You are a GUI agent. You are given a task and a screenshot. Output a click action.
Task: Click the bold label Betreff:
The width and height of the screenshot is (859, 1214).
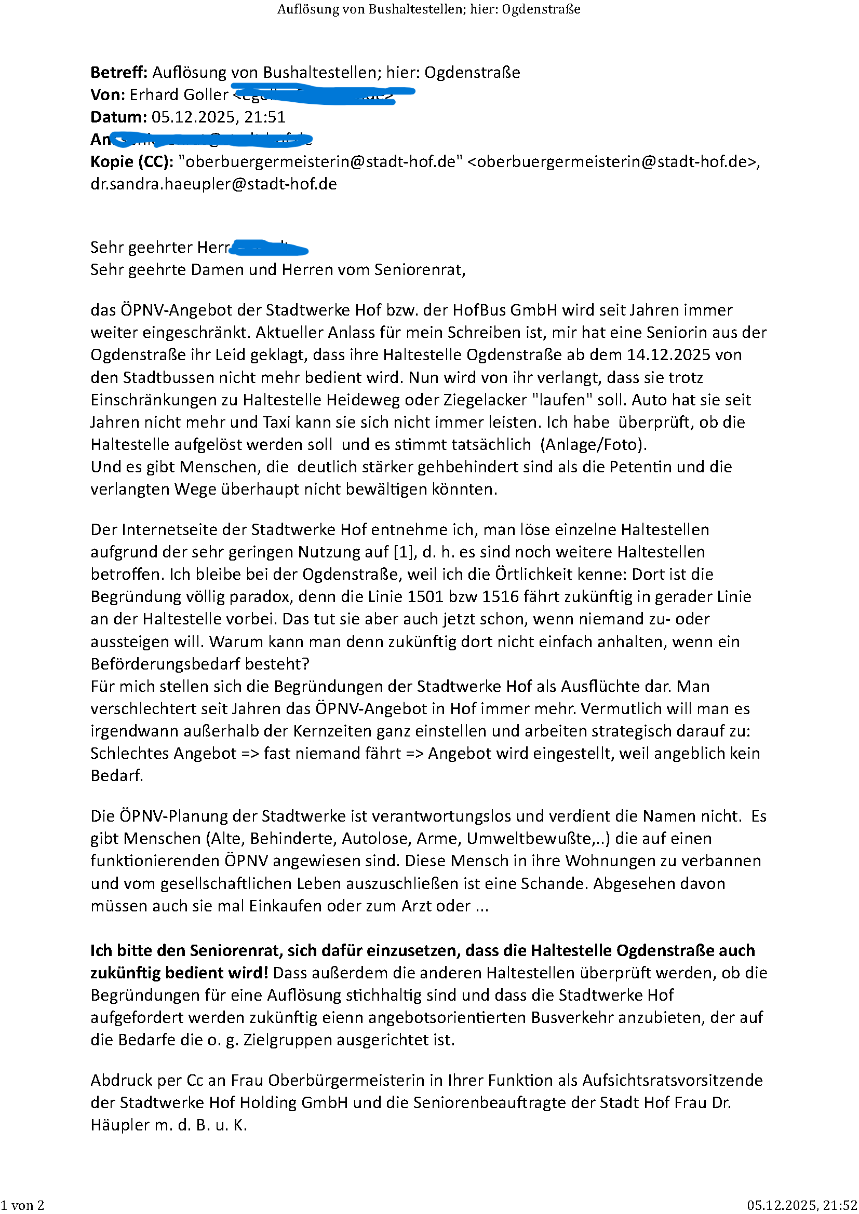[x=119, y=73]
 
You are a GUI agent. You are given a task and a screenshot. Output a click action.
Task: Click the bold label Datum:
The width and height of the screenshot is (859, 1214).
[x=118, y=117]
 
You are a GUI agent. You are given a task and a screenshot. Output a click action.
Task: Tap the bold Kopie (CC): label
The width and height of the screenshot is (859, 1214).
[x=132, y=161]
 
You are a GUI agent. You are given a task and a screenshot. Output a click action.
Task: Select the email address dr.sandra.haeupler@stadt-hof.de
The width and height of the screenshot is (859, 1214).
[x=213, y=184]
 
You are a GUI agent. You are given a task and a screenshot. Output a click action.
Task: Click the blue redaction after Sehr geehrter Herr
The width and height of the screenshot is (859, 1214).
[x=269, y=248]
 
